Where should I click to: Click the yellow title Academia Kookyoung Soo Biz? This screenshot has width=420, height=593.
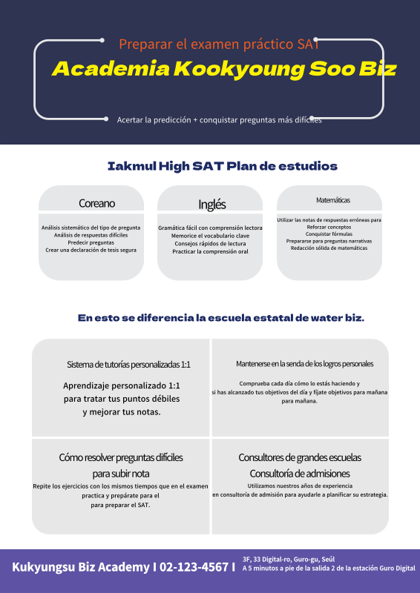click(x=223, y=70)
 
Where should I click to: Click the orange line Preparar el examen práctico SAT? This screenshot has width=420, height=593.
click(x=219, y=44)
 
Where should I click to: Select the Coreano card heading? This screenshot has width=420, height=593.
click(x=96, y=203)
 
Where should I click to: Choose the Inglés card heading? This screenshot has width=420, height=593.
click(x=211, y=205)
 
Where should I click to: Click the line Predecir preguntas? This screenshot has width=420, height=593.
click(x=91, y=242)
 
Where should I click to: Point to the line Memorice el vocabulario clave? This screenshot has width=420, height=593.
click(x=210, y=236)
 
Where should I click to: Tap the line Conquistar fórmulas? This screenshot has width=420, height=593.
click(x=329, y=234)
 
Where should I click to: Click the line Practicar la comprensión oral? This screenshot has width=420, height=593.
click(x=210, y=251)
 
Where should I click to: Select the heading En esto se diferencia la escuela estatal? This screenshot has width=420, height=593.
click(x=220, y=318)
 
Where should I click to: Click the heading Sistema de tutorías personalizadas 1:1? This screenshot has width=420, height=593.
click(x=128, y=365)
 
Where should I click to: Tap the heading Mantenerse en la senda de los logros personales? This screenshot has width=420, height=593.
click(x=304, y=364)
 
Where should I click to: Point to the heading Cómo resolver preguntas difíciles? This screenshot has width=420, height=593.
click(x=121, y=457)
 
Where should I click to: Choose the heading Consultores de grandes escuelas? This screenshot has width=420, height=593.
click(x=300, y=457)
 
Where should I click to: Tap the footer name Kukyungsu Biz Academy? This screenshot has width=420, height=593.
click(x=80, y=567)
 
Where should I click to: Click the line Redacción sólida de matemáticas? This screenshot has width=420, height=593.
click(x=329, y=248)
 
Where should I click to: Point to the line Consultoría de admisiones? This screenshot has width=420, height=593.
click(x=300, y=473)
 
